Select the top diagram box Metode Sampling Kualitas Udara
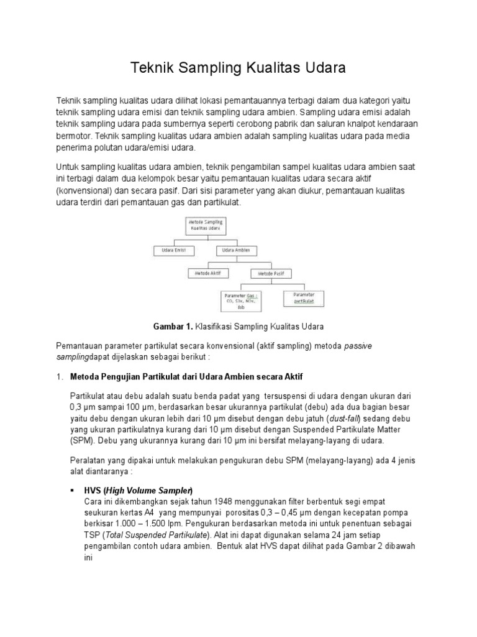click(x=205, y=225)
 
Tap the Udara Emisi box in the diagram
click(x=174, y=250)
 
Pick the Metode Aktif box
click(x=208, y=273)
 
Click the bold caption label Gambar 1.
click(x=173, y=326)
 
